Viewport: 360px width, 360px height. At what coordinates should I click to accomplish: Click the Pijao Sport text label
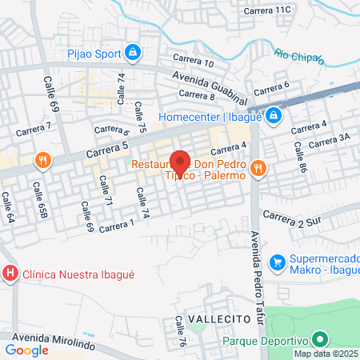pos(93,54)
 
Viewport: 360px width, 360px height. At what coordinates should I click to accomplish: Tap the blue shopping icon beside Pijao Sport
pos(133,54)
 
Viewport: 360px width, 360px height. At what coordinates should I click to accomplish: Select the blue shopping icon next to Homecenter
pos(274,115)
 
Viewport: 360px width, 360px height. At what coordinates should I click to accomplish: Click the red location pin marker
pos(180,159)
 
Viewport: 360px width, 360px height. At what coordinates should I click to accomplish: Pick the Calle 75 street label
pos(142,116)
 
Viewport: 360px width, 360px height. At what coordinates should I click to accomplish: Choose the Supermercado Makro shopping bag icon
pos(277,261)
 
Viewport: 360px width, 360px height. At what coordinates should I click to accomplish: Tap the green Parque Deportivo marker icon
pos(320,338)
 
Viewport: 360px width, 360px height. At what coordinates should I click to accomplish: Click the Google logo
pos(26,350)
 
